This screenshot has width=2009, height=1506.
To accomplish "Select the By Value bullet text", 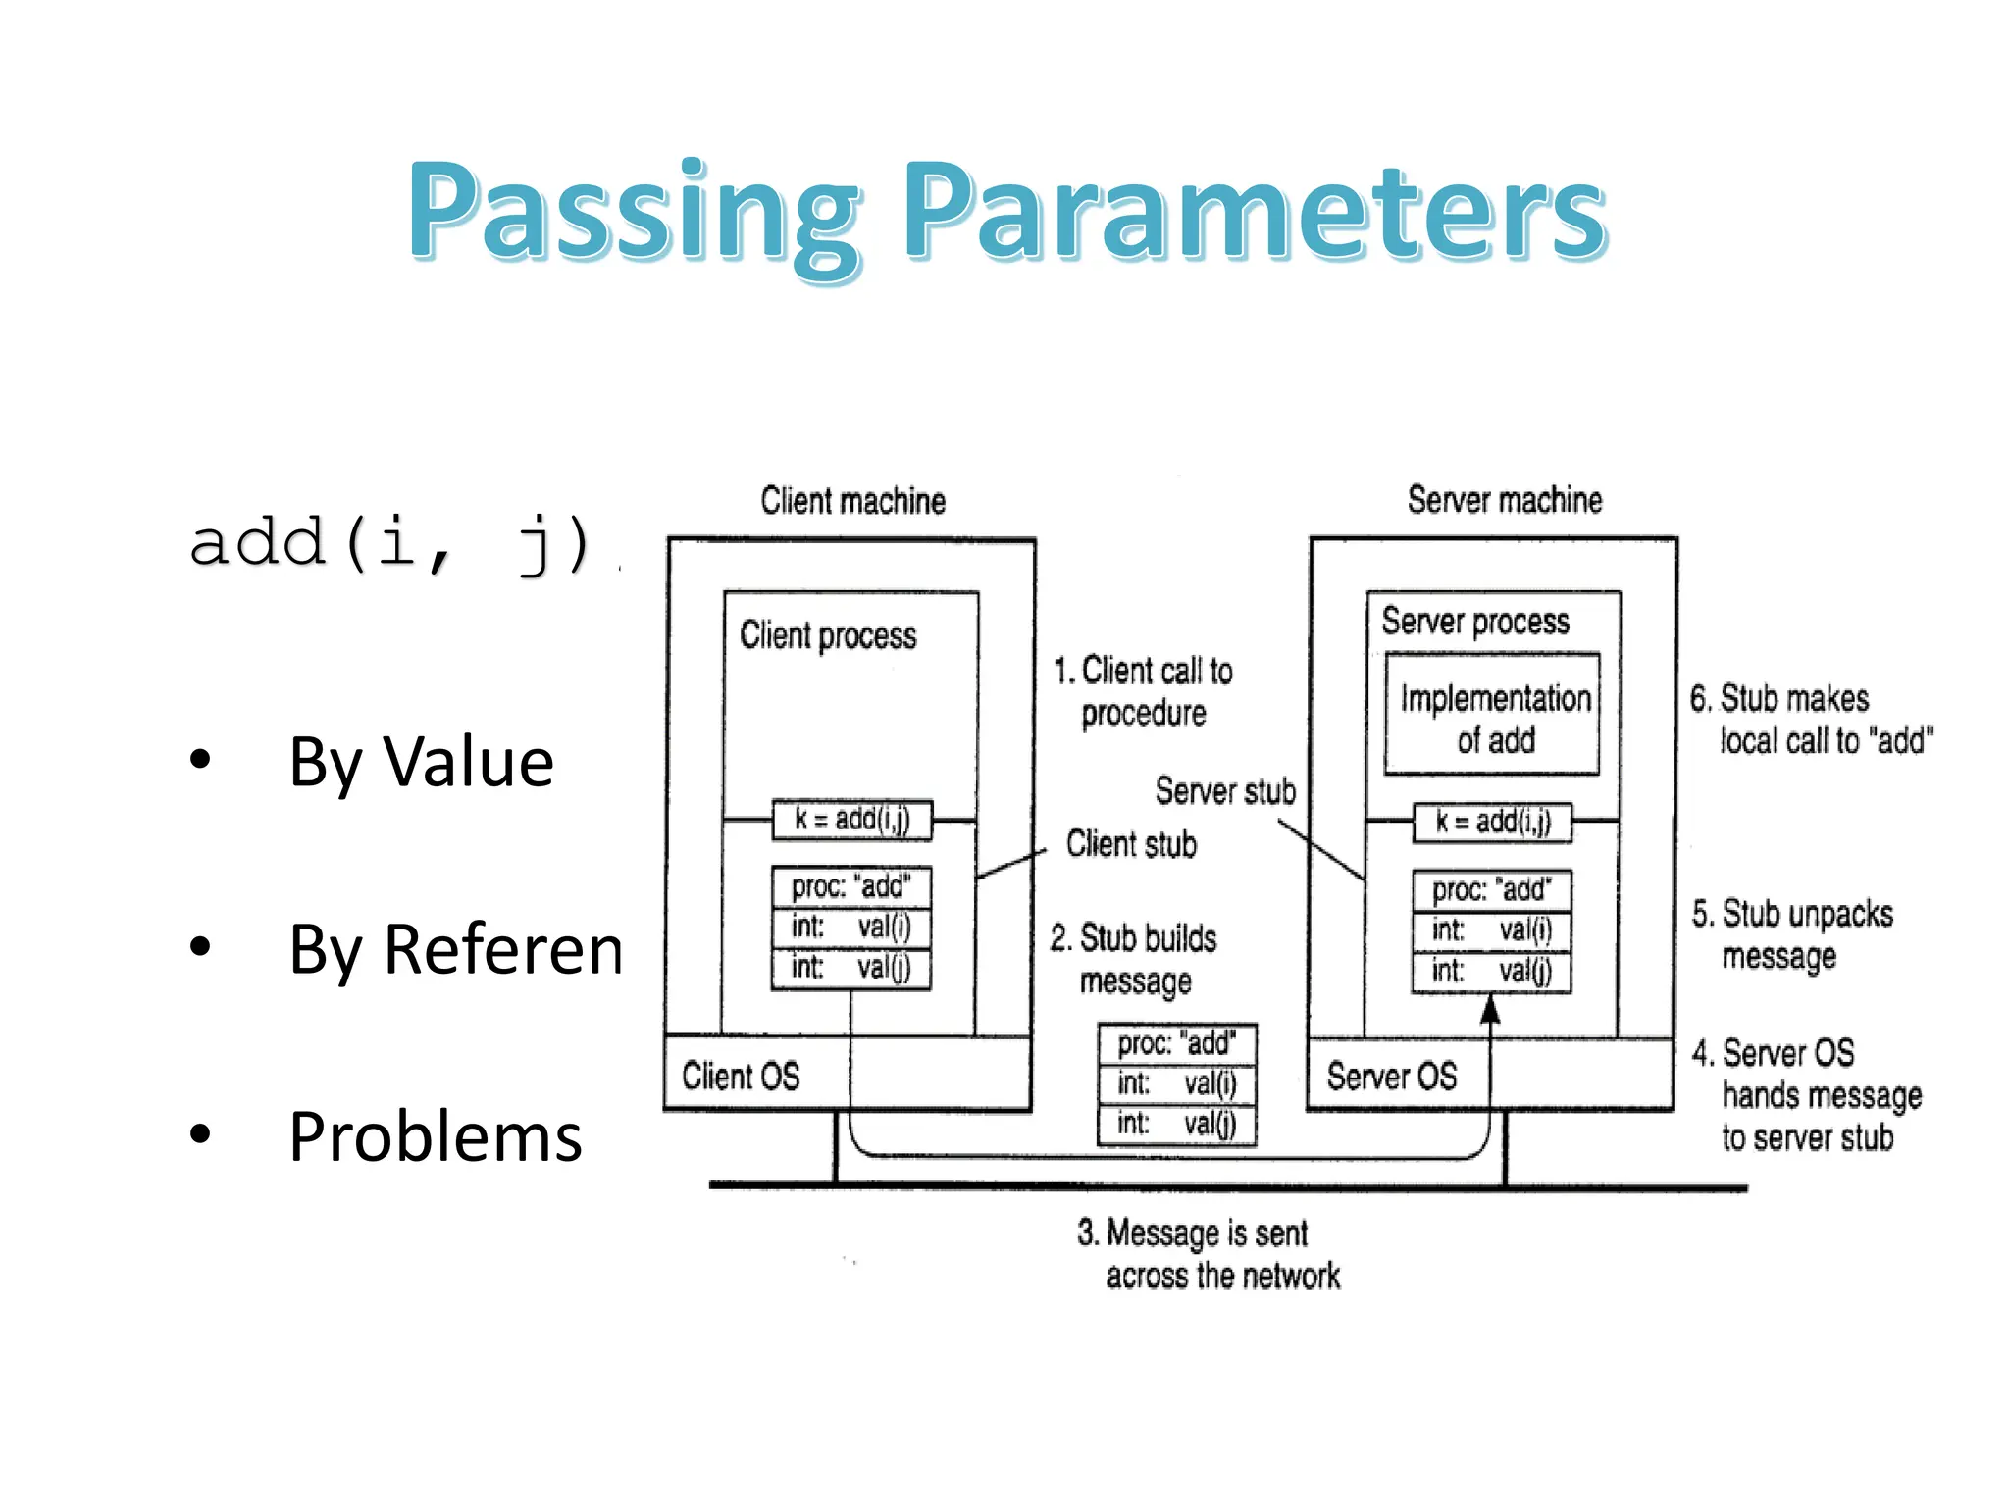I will click(421, 762).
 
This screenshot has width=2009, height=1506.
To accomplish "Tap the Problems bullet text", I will click(436, 1136).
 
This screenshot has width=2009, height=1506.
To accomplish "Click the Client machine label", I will click(852, 501).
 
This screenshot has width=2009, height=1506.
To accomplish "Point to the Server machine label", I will click(1504, 500).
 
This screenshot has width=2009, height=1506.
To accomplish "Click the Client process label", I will click(828, 635).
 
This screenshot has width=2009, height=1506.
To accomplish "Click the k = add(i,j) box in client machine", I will click(851, 820).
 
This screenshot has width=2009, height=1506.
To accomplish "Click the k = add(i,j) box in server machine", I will click(1492, 822).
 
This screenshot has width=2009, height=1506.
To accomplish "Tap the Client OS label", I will click(741, 1076).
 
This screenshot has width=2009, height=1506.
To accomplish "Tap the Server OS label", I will click(1391, 1076).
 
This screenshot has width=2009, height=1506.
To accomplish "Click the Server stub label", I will click(1224, 790).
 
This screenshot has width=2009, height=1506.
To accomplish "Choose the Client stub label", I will click(1131, 843).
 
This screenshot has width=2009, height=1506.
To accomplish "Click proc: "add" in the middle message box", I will click(1176, 1043).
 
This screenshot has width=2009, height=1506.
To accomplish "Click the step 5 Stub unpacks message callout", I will click(1791, 933).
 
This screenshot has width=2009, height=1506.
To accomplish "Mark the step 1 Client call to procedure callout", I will click(1144, 691).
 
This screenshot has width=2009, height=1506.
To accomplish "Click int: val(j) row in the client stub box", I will click(850, 968).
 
